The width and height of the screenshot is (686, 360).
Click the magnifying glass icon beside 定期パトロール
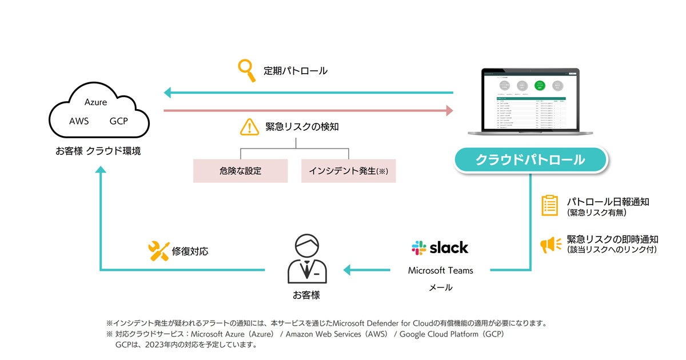(246, 71)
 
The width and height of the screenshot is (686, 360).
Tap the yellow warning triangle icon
(249, 127)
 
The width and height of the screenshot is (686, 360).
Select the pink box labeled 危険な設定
(240, 171)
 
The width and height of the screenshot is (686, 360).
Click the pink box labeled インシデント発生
(348, 171)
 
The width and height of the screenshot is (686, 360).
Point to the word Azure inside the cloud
(95, 102)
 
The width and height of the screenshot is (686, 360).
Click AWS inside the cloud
(79, 121)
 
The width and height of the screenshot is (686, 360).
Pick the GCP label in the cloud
(118, 121)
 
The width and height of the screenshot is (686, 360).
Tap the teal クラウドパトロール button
(530, 160)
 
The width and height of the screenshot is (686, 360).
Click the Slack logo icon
(419, 247)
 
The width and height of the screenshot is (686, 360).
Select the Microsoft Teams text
(440, 270)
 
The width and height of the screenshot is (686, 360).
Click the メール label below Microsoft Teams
(440, 287)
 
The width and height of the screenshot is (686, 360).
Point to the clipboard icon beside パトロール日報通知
(549, 206)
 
